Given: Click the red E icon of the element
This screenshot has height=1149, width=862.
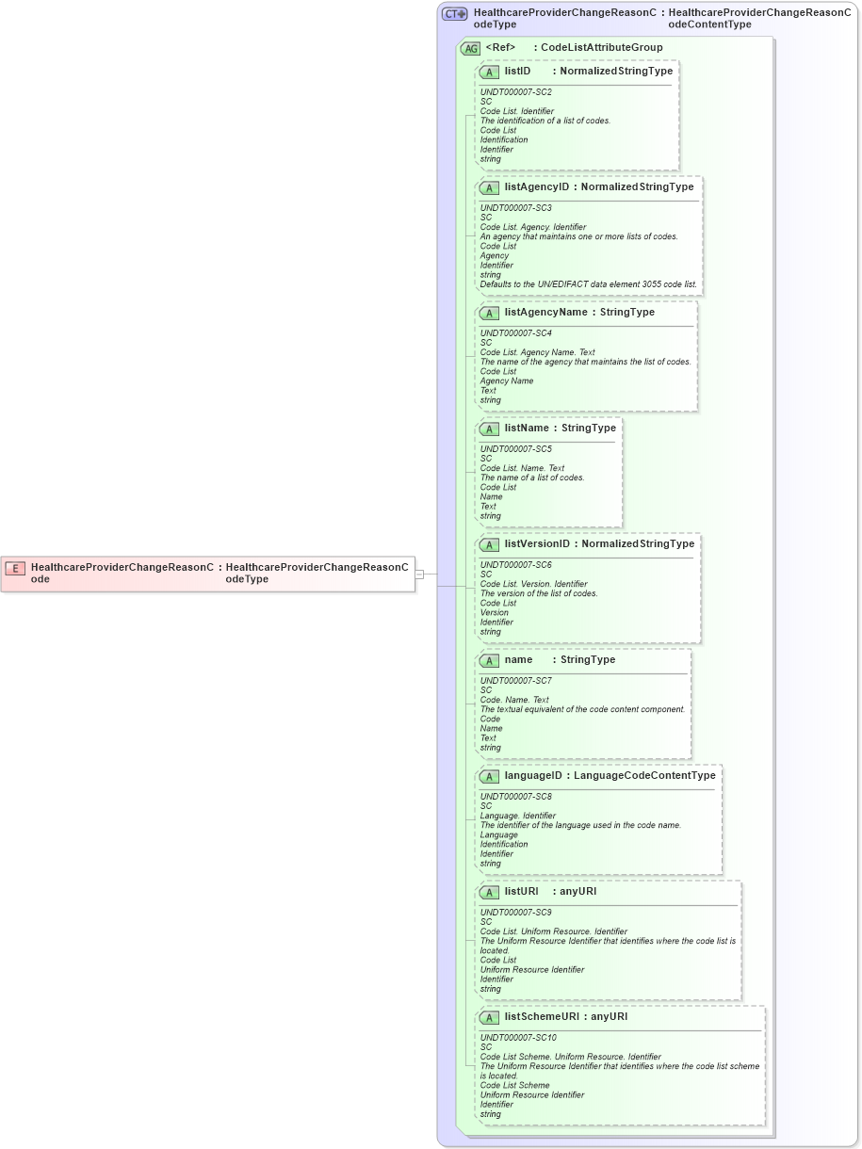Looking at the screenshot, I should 15,568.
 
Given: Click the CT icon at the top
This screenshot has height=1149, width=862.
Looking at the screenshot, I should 455,14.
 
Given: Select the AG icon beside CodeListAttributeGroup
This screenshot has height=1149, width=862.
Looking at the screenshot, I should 469,48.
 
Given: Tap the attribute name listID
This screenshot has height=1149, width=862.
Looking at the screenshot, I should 517,71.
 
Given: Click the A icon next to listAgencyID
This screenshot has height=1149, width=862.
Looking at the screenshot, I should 489,187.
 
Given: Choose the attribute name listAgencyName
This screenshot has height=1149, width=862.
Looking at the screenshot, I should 545,312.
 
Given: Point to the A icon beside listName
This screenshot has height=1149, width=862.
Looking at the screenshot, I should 489,429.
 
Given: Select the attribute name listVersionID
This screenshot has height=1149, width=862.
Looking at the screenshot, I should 537,543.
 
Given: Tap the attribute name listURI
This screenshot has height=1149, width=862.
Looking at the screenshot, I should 521,891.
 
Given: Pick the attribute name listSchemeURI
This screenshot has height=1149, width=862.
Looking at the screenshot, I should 541,1016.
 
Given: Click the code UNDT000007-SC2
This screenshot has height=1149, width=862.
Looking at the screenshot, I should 515,92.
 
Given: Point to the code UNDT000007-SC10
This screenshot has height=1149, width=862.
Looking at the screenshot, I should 518,1038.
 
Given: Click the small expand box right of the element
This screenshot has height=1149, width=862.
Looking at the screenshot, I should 419,573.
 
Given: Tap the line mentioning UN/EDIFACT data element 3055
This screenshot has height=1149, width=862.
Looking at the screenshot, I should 588,284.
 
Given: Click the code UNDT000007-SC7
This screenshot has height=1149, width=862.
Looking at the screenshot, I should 515,681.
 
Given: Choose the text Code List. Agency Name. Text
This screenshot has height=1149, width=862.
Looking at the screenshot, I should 537,352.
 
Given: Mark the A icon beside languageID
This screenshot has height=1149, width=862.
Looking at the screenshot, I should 489,776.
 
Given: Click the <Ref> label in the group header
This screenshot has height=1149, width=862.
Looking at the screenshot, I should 500,47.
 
